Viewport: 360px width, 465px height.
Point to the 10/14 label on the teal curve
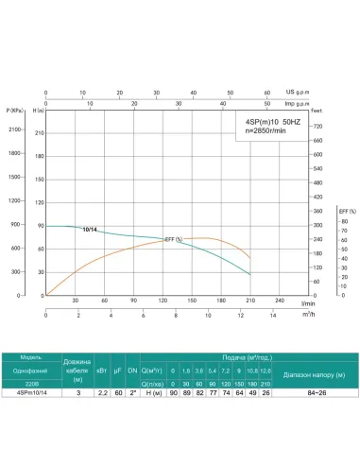[x=89, y=230]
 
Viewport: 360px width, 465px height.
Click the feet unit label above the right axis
[x=317, y=112]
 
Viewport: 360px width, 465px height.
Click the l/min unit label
[x=307, y=302]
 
